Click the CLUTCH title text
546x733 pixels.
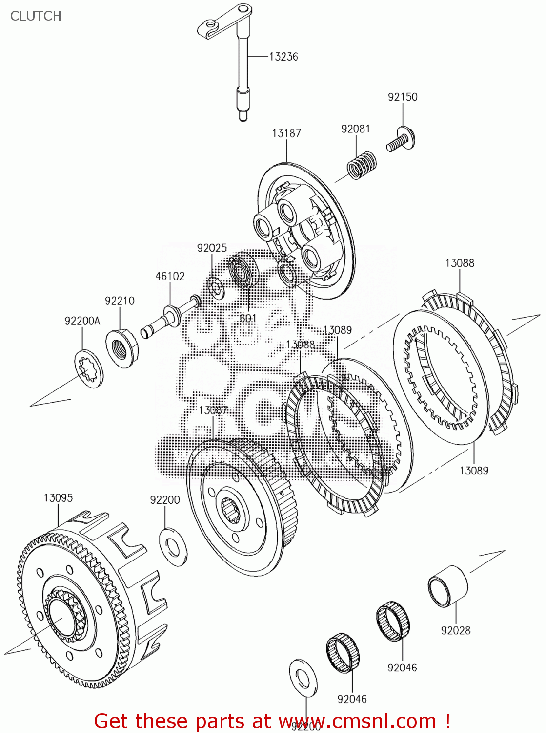pos(36,16)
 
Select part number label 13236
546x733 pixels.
pos(283,57)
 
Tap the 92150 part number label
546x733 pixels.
pos(403,97)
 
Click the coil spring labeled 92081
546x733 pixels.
pos(362,164)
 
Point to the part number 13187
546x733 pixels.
pos(286,133)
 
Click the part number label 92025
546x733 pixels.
pos(212,248)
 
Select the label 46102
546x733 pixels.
pos(170,276)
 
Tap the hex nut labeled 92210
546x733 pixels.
pos(122,347)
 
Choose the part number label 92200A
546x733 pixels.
pos(82,321)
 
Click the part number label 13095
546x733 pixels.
pos(58,497)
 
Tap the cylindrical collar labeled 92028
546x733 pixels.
pos(447,585)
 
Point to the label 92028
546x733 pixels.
pos(455,630)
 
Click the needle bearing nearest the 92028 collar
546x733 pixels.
pos(393,622)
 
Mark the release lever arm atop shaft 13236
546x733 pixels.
pos(222,22)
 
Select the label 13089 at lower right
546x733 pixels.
pos(473,470)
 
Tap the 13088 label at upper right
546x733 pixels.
pos(459,263)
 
